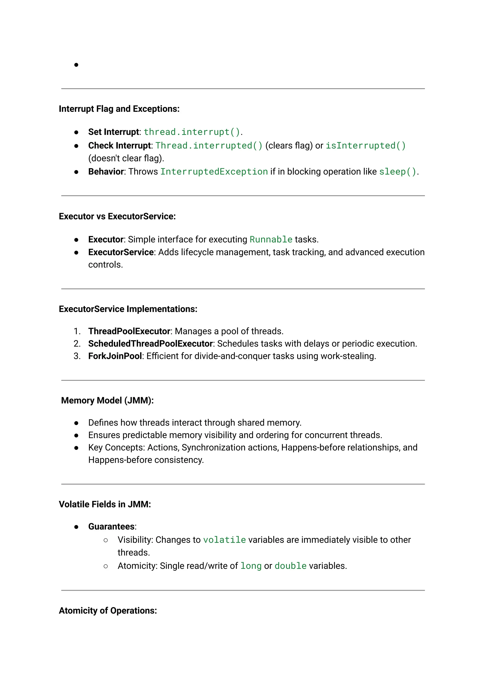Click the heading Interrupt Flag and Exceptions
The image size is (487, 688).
coord(119,109)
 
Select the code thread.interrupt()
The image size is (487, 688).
coord(192,132)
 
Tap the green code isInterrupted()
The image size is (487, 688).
coord(365,146)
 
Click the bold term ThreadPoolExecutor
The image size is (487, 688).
coord(129,331)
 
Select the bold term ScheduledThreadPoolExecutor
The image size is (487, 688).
coord(150,343)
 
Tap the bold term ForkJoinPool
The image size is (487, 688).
coord(115,356)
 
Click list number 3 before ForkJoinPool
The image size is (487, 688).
coord(77,356)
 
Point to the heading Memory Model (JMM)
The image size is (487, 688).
coord(107,400)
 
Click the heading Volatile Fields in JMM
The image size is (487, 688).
coord(105,504)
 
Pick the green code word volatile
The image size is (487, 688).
coord(224,540)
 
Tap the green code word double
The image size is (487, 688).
coord(290,566)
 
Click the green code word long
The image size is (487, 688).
coord(251,566)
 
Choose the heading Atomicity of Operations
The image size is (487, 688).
coord(108,611)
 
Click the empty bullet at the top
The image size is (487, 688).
coord(77,65)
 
